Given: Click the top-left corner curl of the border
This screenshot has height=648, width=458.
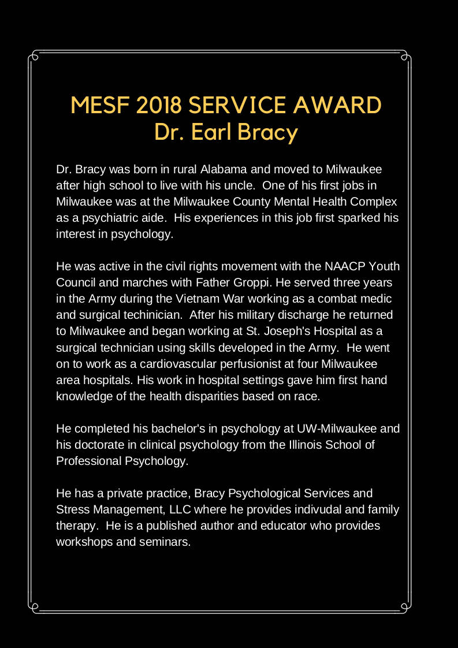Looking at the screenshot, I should pyautogui.click(x=35, y=57).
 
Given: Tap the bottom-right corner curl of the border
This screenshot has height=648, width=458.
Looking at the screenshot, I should pyautogui.click(x=405, y=606).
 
